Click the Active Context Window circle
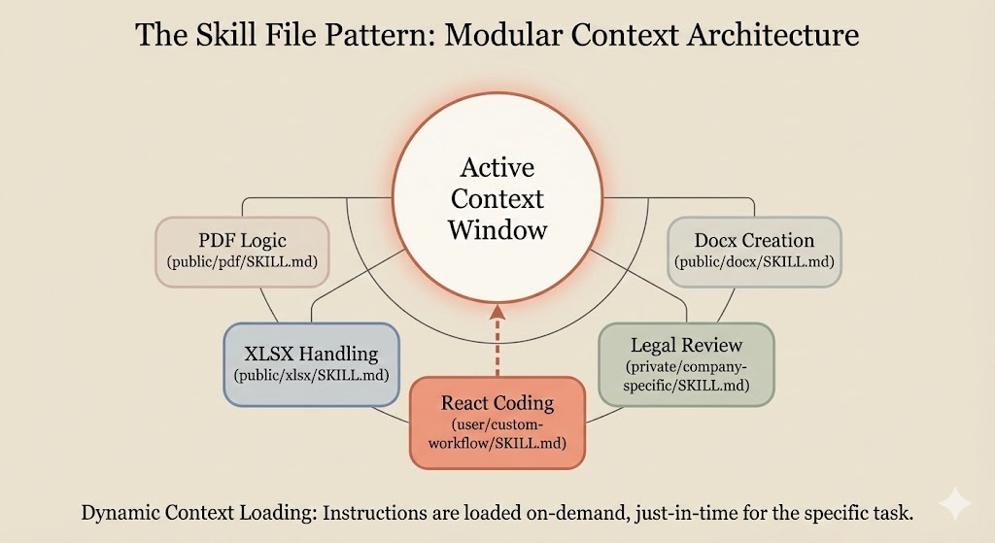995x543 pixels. pos(497,199)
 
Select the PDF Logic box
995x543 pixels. pos(242,251)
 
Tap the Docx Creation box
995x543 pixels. pos(754,251)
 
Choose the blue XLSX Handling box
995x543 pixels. pos(312,363)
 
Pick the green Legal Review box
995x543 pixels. pos(686,363)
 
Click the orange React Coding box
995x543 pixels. pos(497,423)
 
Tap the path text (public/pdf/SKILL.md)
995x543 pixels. pos(242,262)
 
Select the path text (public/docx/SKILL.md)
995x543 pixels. pos(754,262)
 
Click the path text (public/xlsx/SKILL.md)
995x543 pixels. pos(312,375)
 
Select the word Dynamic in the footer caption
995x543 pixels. pos(123,511)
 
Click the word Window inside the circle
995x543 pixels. pos(497,230)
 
